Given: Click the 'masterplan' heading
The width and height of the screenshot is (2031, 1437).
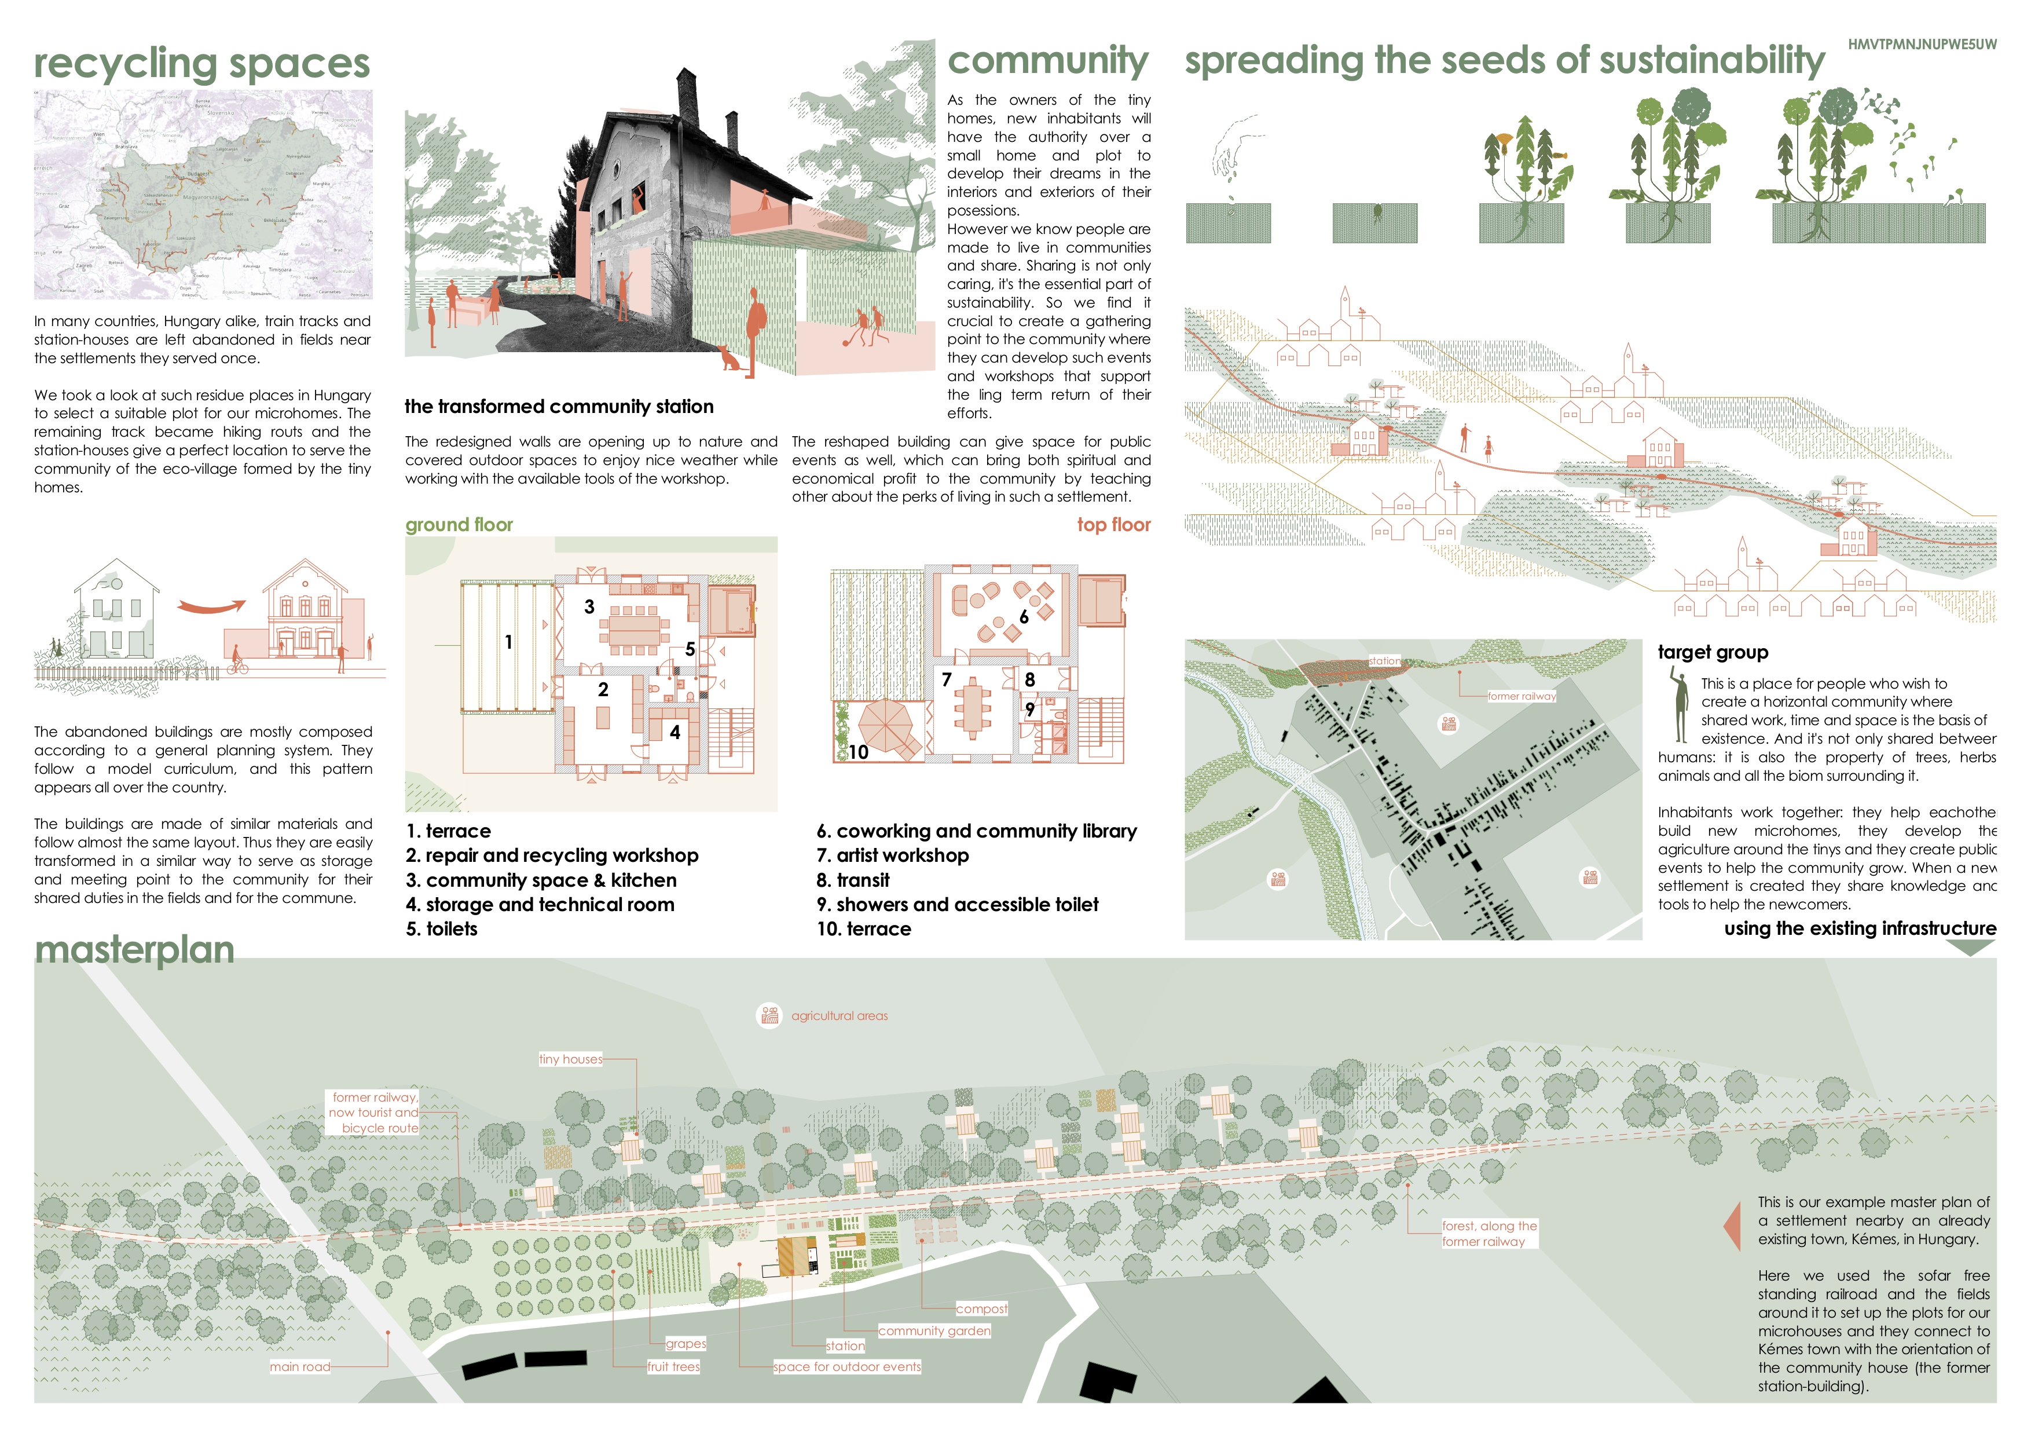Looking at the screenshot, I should pos(134,949).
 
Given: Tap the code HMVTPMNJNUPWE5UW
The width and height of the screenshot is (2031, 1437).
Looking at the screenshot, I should pos(1922,44).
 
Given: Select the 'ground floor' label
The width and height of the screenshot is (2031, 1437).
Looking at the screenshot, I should pos(459,525).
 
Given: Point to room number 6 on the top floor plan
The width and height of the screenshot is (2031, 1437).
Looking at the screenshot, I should pos(1024,617).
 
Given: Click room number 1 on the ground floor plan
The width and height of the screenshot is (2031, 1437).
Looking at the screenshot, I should pos(509,642).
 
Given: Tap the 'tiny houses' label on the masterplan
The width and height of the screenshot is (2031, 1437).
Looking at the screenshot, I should pos(570,1059).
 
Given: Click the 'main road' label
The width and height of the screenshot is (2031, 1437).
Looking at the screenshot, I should pos(300,1367).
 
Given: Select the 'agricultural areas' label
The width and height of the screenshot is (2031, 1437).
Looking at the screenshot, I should pos(838,1016).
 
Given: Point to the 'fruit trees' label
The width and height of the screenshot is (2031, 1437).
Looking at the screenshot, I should pos(673,1367).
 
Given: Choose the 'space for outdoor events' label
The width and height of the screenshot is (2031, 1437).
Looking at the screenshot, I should pos(846,1367).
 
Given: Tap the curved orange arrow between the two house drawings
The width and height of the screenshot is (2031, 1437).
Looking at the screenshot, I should pos(211,607).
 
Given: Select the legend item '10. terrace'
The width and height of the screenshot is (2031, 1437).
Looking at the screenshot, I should pos(863,929).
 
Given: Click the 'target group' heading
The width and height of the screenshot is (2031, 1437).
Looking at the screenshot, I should pos(1713,652).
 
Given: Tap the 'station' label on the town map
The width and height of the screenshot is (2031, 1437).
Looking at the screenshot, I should pos(1384,661).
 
